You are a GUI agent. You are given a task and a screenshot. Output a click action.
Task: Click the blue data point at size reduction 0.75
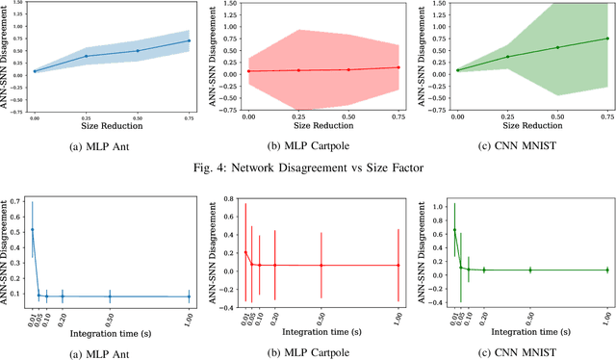189,40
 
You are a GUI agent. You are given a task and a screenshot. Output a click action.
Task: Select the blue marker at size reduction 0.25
86,56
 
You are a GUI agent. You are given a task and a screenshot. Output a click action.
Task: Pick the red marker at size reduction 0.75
398,67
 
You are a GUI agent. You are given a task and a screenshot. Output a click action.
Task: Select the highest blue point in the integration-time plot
33,229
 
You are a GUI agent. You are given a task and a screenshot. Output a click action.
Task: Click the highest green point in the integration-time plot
454,230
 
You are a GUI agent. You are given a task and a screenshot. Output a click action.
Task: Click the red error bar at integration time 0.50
321,265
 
